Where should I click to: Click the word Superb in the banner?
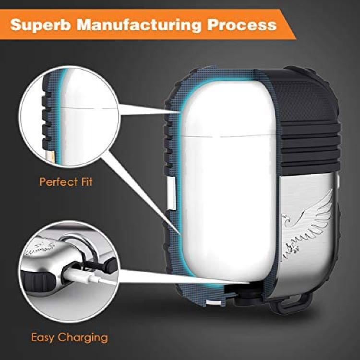(40, 25)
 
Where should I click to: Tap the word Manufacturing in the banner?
(138, 25)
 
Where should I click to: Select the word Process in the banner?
(242, 24)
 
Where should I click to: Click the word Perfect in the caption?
(59, 182)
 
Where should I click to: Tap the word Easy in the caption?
(42, 338)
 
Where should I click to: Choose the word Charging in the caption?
(83, 338)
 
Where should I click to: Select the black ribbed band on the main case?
(310, 146)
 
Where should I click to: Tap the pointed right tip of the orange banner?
(296, 38)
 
